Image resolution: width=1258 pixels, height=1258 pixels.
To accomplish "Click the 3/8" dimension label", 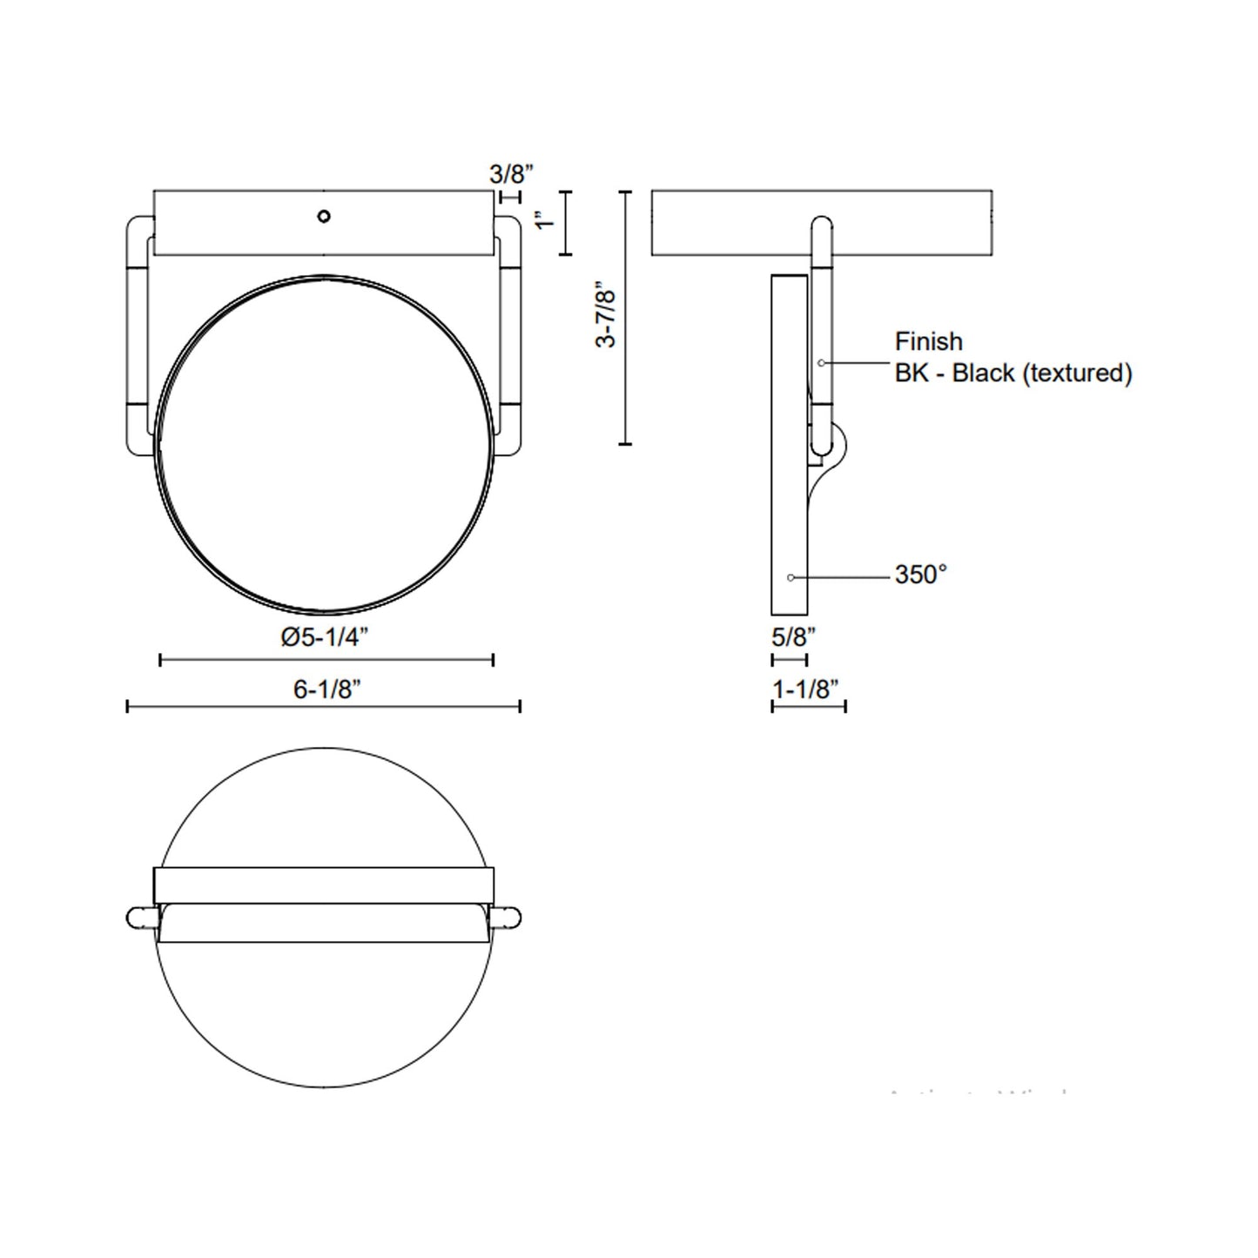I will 509,173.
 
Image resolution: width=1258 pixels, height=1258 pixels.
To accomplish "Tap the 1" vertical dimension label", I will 545,222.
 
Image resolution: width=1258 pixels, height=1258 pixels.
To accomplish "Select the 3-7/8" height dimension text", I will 607,314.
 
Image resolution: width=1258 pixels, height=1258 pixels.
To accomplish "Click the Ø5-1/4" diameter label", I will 324,637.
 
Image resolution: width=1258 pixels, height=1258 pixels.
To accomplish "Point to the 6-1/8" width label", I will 326,690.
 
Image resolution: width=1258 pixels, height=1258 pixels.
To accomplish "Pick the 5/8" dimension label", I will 793,637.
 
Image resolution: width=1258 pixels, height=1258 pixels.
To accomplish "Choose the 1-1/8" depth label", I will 805,690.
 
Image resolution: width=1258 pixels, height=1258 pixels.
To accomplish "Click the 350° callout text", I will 920,575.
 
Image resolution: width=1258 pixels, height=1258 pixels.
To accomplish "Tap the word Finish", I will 928,341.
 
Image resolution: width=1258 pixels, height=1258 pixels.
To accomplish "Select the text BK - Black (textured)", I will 1013,373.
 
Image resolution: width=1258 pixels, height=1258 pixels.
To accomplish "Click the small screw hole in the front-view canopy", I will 324,216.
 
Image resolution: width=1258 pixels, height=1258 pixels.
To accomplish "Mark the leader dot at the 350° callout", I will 790,577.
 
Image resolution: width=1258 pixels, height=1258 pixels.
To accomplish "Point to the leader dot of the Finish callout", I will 821,362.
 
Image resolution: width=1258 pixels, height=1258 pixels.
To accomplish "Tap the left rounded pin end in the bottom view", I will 139,917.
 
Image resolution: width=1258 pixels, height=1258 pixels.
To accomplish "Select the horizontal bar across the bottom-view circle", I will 324,885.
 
